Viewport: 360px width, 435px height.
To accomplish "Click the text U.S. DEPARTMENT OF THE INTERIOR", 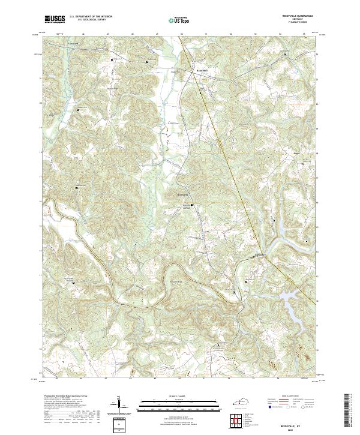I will (90, 17).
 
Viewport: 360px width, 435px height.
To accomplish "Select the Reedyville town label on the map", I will (183, 196).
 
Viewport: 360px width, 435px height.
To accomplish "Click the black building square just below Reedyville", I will (192, 205).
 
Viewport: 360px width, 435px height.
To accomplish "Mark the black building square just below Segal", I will (303, 163).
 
